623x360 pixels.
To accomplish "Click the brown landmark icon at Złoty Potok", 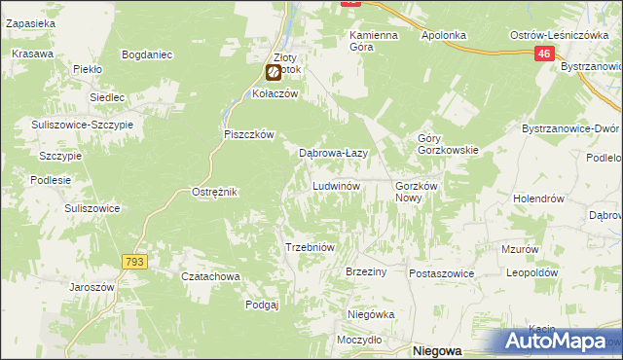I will (x=275, y=71).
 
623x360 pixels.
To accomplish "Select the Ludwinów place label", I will (x=337, y=185).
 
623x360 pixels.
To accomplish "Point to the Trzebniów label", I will (x=310, y=247).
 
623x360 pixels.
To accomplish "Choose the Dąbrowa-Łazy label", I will (x=332, y=153).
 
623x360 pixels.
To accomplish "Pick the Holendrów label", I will (x=539, y=198).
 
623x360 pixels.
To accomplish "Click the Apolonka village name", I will (x=444, y=35).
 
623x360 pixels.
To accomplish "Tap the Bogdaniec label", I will (x=149, y=54).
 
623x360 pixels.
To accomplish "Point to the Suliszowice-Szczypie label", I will (x=83, y=126).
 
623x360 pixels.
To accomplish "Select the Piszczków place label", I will (x=251, y=134).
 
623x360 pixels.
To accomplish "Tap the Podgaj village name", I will (x=263, y=305).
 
